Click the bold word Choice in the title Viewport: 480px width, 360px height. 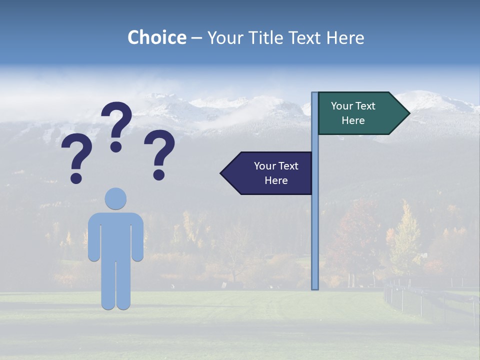156,38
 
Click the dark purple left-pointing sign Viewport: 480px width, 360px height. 270,173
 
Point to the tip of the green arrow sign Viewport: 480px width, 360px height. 408,113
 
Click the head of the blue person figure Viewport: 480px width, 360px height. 115,198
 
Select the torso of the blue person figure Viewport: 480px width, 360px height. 115,235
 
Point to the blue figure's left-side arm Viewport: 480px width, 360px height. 93,237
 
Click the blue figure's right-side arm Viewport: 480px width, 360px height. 138,237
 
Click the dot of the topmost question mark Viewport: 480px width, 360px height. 116,146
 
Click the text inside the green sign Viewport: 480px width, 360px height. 353,113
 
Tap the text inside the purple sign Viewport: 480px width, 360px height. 276,173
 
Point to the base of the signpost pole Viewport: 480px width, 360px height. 315,287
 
